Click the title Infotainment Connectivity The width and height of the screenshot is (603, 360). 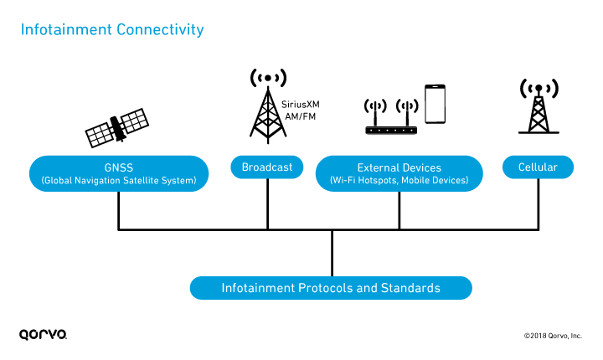111,30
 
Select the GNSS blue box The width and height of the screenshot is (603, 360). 118,173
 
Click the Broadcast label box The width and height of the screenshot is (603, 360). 266,167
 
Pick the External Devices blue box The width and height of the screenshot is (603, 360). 399,173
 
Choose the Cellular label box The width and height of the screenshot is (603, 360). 538,167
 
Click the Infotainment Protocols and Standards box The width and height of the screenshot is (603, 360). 331,288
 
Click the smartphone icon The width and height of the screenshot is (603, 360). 434,104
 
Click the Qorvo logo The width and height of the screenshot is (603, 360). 43,335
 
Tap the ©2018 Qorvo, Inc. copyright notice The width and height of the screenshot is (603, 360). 553,336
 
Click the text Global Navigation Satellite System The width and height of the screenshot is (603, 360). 118,181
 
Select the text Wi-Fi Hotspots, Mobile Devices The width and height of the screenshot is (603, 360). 399,181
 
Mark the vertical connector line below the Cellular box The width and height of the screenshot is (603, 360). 538,203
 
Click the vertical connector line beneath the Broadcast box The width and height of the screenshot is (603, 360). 267,203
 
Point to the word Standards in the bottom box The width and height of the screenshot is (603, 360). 410,288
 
